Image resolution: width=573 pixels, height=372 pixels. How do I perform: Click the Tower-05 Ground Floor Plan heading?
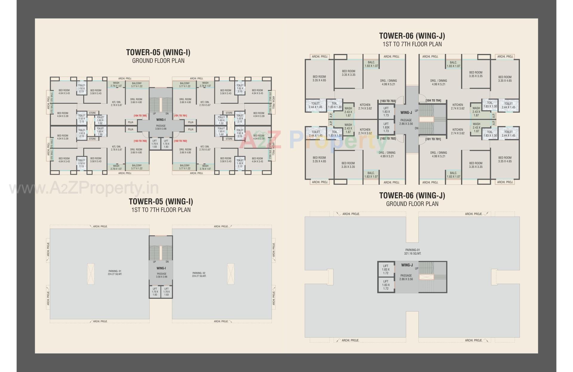coord(158,56)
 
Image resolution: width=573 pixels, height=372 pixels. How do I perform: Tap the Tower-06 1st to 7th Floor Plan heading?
coord(412,40)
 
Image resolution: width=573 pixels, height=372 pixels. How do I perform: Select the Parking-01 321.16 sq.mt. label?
coord(413,252)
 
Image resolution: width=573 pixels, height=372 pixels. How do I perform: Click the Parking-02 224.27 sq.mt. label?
coord(199,275)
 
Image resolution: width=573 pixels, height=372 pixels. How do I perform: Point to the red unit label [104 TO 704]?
coord(140,116)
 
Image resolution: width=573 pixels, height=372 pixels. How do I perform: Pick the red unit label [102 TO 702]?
coord(180,141)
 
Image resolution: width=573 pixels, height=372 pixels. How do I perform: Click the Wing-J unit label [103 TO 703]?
coord(388,101)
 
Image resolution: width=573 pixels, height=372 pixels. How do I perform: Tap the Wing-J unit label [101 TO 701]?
coord(433,139)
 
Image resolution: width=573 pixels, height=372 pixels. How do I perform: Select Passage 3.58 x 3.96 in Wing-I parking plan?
coord(161,275)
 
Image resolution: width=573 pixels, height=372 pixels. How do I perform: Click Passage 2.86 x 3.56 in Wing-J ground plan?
coord(406,277)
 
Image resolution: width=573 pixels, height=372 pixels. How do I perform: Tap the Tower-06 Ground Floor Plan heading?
coord(412,199)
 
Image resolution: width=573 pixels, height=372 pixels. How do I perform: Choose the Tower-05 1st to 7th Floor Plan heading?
coord(161,205)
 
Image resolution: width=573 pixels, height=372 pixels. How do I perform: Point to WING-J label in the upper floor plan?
coord(406,113)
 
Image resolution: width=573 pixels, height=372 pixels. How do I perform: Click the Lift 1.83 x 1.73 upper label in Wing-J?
coord(386,112)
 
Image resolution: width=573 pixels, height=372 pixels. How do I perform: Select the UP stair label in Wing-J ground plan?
coord(417,269)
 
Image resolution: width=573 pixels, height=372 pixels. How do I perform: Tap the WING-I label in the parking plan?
coord(161,268)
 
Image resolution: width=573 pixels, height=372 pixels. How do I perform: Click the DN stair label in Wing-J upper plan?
coord(417,128)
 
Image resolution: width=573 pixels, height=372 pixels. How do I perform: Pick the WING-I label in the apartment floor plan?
coord(161,120)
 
